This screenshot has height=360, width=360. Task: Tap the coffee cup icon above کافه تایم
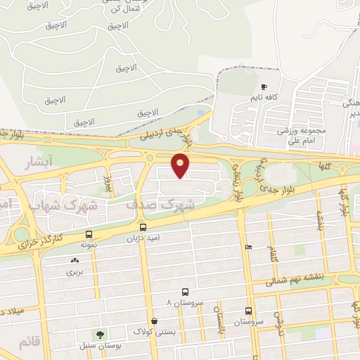click(264, 86)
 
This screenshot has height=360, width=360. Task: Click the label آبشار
click(40, 163)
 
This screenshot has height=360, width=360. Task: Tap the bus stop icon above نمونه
click(89, 235)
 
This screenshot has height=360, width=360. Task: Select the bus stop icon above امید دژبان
click(143, 227)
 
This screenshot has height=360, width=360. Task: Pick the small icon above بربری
click(75, 261)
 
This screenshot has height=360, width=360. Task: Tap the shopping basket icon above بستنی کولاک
click(153, 321)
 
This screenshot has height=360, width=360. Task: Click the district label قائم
click(25, 342)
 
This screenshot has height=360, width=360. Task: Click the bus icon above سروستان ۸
click(185, 292)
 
